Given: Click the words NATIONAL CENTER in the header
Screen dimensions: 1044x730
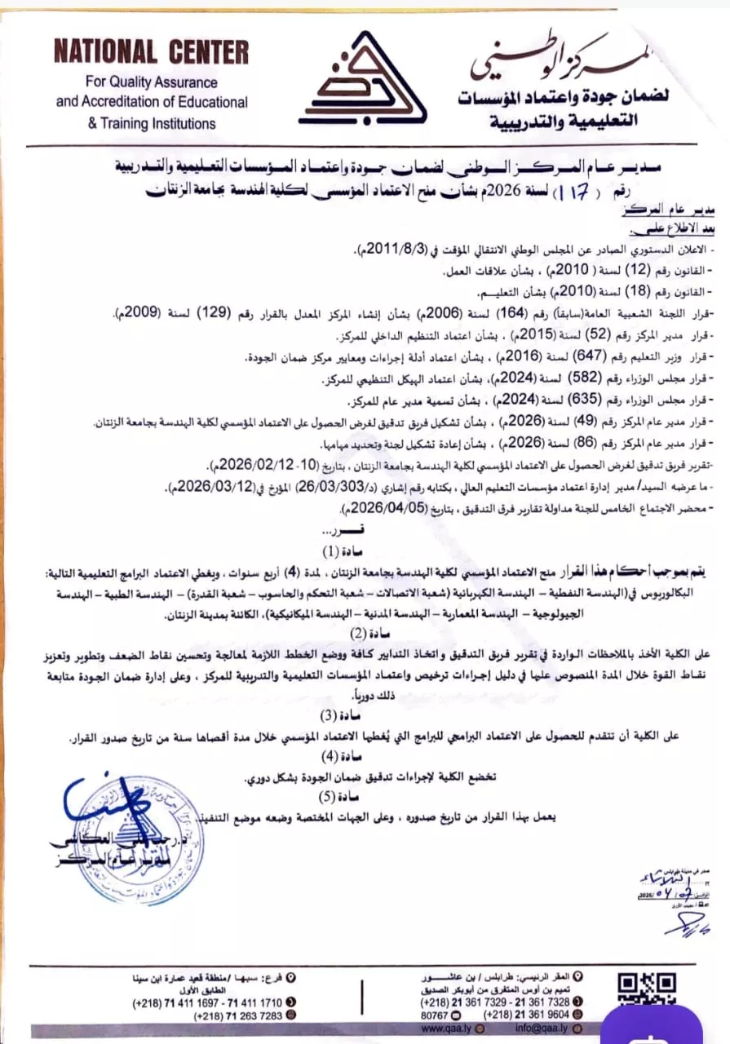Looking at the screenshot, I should tap(151, 52).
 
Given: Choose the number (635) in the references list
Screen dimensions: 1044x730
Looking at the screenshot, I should tap(519, 400).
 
